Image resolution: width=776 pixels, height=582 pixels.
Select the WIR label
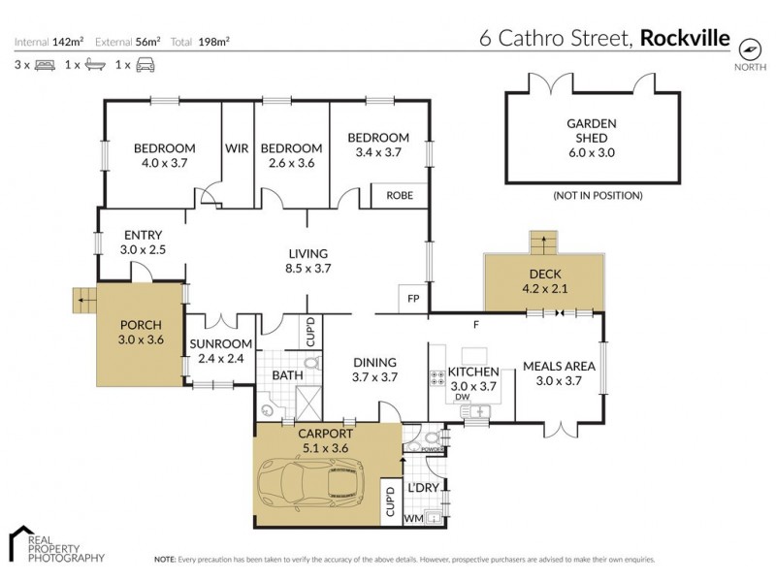[x=238, y=148]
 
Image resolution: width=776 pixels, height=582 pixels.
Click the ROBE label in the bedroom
[x=400, y=195]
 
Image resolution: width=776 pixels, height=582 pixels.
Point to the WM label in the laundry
[x=411, y=519]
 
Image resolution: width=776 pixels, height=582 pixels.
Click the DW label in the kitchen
[x=463, y=396]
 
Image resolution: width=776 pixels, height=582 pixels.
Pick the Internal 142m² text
[x=49, y=42]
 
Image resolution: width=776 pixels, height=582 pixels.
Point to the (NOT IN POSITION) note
[x=598, y=195]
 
